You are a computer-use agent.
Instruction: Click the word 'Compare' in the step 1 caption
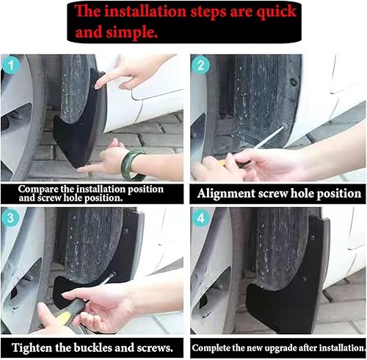[x=40, y=188]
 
